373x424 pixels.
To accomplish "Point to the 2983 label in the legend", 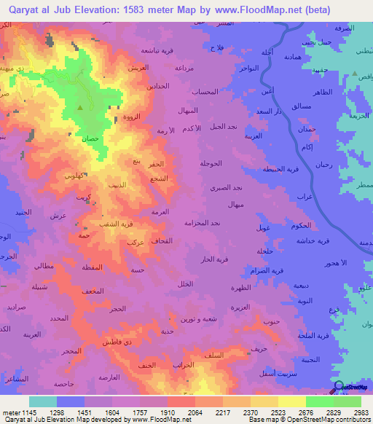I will (361, 412).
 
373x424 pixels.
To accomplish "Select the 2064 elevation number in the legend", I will (194, 412).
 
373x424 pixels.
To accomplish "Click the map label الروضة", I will (132, 117).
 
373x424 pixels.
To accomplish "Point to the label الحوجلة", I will (211, 163).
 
